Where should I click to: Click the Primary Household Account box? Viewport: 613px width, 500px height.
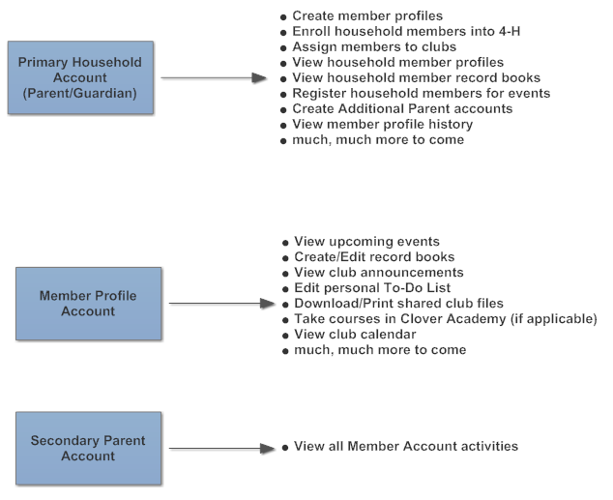click(80, 77)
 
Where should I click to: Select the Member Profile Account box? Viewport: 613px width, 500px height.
click(88, 304)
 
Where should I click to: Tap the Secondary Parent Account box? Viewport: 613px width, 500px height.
click(88, 448)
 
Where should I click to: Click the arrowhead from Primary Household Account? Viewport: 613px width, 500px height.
click(259, 77)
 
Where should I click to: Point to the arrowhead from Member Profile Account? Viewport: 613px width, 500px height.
click(268, 304)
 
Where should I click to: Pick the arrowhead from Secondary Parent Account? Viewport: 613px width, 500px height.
click(268, 449)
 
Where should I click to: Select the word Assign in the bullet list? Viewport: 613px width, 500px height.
click(314, 47)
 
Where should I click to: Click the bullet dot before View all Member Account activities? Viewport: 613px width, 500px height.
click(285, 448)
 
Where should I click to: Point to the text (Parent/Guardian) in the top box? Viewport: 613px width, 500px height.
click(79, 94)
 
